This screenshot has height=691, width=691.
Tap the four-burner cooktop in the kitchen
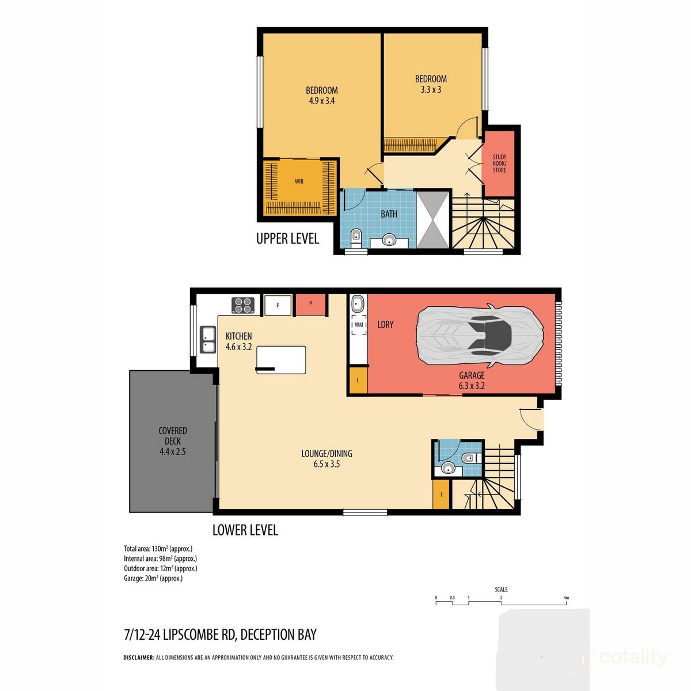click(243, 305)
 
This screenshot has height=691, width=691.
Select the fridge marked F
click(278, 305)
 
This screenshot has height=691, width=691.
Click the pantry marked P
click(311, 304)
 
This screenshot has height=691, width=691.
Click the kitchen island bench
click(281, 359)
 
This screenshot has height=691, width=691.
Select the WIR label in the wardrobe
click(299, 181)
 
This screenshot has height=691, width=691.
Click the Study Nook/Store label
click(499, 163)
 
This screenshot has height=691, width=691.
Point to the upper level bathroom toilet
click(356, 237)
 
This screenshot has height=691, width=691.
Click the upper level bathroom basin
click(389, 240)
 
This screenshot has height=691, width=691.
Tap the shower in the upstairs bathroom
click(431, 219)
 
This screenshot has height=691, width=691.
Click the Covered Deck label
click(173, 441)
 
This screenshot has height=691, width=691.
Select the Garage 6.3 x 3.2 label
click(471, 381)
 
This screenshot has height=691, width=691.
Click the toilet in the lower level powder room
click(470, 458)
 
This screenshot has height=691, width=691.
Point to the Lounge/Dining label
click(326, 458)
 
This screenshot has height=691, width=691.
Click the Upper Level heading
click(287, 238)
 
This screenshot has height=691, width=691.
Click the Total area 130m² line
click(158, 548)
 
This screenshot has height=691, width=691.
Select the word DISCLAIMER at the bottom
click(139, 658)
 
